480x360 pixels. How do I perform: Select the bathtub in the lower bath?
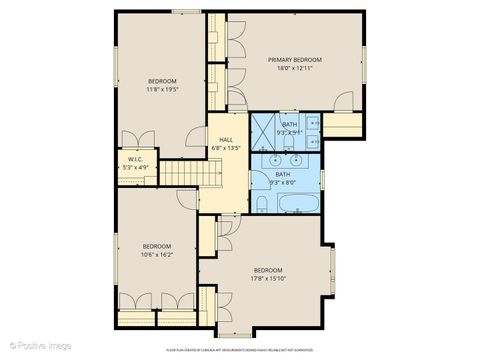coord(298,204)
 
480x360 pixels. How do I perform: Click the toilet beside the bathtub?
coord(262,205)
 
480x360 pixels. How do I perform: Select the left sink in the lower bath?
coord(273,159)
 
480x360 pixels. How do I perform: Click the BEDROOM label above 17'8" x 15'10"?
coord(267,270)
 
